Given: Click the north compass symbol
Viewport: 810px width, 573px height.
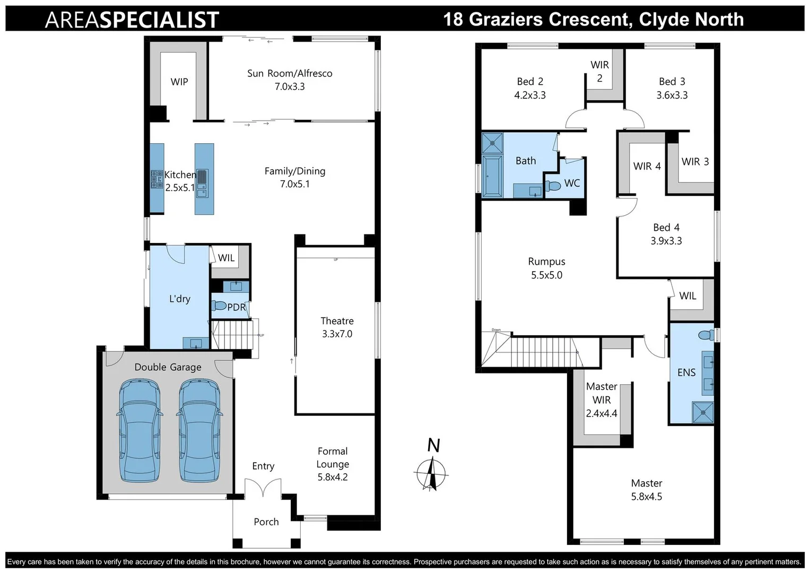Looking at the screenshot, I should (431, 472).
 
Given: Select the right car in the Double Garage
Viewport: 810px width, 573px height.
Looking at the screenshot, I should (199, 430).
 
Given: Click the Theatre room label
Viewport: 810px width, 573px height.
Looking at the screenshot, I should (337, 321).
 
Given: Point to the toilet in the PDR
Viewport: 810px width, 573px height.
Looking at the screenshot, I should (219, 306).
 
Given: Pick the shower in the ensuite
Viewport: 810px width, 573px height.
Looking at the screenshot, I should (703, 412).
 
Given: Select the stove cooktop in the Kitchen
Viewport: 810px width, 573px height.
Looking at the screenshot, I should (156, 179).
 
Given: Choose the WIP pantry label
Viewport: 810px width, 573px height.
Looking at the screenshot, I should (179, 82).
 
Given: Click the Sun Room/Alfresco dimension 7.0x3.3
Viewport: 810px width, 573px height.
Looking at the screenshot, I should (290, 86).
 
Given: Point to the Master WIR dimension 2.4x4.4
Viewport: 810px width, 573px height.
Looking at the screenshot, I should (602, 413).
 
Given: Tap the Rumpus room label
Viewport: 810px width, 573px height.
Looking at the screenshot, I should (546, 262).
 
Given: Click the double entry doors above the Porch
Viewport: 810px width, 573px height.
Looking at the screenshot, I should (263, 488).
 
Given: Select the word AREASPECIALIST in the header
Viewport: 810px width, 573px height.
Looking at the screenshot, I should (132, 20).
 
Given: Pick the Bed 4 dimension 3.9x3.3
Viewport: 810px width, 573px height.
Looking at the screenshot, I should (666, 241).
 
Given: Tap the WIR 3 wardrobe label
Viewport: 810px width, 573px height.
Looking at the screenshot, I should (695, 161).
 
